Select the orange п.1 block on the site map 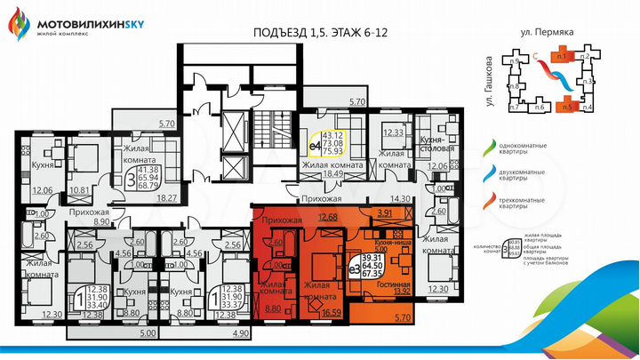561,56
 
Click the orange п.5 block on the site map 565,107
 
